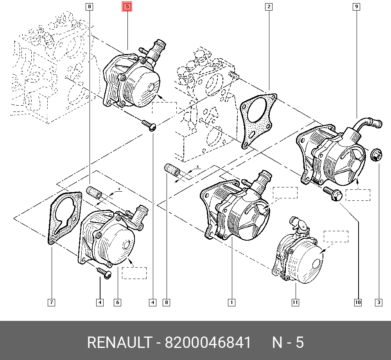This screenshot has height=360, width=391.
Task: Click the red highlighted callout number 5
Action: pos(127,7)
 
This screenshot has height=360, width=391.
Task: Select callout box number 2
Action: pos(269,7)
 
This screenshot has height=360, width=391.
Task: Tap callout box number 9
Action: pos(356,7)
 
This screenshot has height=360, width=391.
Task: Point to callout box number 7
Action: pos(51,302)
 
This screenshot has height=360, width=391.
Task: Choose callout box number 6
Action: pos(117,302)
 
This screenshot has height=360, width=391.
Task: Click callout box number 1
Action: pos(231,302)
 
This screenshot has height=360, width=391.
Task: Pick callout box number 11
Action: pos(295,302)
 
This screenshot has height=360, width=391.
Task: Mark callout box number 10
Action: pos(358,302)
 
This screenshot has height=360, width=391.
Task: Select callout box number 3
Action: pos(378,302)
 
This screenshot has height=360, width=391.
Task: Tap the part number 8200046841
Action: pos(208,342)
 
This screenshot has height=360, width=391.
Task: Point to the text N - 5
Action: pos(288,342)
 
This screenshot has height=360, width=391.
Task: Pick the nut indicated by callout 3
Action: pos(376,156)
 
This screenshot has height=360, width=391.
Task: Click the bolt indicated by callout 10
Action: pos(333,194)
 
